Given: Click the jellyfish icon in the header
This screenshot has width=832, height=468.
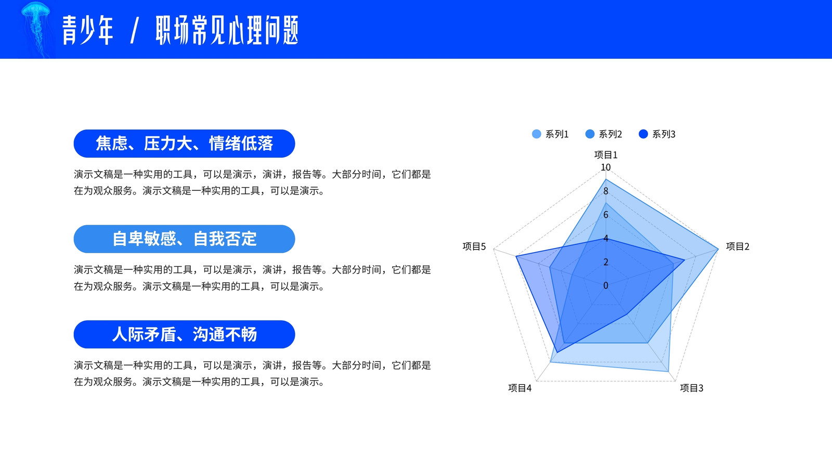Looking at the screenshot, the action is (x=36, y=29).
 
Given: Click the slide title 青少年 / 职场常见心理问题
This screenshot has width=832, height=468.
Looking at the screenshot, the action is (x=180, y=31).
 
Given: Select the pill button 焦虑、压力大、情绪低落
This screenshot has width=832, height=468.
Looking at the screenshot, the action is (x=184, y=144).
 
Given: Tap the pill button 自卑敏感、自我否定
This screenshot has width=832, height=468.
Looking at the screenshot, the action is (x=184, y=239).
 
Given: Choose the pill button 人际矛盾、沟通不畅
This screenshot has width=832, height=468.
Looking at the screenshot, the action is (x=184, y=334).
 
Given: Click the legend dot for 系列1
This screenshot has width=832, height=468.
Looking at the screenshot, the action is (x=536, y=134).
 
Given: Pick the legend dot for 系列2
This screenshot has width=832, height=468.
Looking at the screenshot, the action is (x=590, y=134).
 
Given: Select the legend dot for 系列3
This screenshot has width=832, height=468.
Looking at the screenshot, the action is (x=643, y=134).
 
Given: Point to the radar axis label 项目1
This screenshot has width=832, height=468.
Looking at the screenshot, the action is (x=606, y=154).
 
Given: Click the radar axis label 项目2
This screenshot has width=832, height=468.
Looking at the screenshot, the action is (x=738, y=246).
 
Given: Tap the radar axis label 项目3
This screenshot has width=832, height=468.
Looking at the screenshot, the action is (x=692, y=388).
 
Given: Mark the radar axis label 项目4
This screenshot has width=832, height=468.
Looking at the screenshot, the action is (x=519, y=388).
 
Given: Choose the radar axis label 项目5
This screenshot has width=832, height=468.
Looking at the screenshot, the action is (x=474, y=246).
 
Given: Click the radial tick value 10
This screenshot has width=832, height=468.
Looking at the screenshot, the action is (x=606, y=167).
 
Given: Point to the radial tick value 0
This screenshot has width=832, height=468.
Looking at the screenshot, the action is (x=606, y=285).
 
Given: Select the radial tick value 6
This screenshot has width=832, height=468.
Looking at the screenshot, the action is (x=606, y=215).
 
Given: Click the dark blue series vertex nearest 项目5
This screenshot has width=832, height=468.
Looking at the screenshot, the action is (x=516, y=256).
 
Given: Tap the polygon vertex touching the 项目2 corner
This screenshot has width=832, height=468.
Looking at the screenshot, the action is (x=718, y=249).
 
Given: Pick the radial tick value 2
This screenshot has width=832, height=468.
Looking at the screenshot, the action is (x=606, y=262).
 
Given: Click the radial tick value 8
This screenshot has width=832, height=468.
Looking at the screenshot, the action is (x=606, y=191).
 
